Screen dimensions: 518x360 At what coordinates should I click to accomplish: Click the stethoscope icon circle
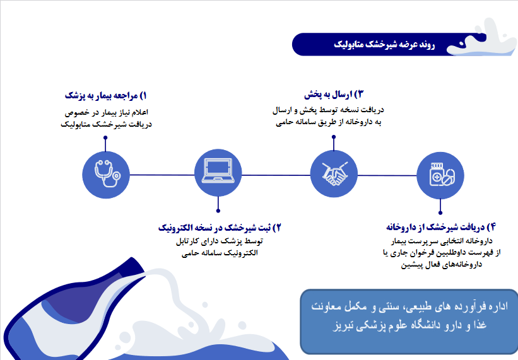coord(106,175)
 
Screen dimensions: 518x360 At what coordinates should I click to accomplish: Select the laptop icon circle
coord(218,173)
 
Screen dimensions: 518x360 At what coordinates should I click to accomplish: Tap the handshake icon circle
coord(334,173)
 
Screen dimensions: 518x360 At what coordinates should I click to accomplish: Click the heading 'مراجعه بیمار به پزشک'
coord(106,96)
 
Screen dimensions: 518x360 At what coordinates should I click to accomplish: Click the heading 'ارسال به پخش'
coord(334,95)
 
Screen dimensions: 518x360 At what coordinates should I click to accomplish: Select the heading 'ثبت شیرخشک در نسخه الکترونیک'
coord(220,228)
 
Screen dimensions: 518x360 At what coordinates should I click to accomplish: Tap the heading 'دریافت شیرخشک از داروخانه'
coord(441,227)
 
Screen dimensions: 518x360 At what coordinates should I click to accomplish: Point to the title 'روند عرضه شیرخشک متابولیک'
coord(384,45)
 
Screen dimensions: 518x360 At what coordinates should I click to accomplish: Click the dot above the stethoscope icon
coord(105,137)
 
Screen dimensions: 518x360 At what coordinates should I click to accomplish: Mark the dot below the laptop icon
coord(218,211)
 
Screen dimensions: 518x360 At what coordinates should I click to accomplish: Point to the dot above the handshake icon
coord(334,137)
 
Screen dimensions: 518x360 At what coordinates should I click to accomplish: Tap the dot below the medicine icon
coord(440,213)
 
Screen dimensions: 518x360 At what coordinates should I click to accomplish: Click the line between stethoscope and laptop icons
coord(162,175)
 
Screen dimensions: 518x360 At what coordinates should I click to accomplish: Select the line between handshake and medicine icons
coord(387,175)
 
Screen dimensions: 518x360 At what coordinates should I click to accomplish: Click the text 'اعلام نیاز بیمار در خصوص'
coord(106,112)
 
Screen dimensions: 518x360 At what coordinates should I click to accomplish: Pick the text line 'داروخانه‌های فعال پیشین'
coord(442,265)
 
